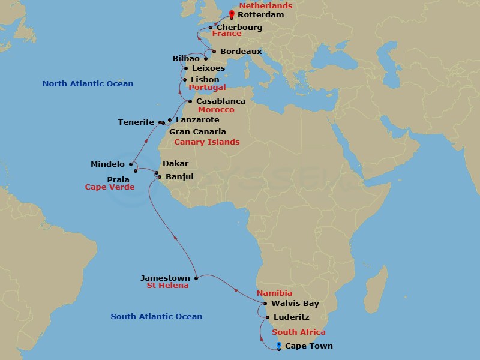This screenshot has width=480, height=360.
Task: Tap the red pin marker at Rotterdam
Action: pyautogui.click(x=232, y=14)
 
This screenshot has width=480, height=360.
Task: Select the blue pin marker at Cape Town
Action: pyautogui.click(x=279, y=345)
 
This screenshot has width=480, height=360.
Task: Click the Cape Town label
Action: pyautogui.click(x=308, y=346)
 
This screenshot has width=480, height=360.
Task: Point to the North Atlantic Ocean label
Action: pyautogui.click(x=88, y=84)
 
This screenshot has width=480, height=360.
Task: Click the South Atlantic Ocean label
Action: pyautogui.click(x=157, y=317)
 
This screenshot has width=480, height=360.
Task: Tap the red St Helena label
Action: pyautogui.click(x=167, y=286)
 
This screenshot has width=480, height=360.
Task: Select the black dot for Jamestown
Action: pyautogui.click(x=196, y=278)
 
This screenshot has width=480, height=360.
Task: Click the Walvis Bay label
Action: pyautogui.click(x=295, y=304)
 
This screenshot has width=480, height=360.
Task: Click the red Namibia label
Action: pyautogui.click(x=274, y=293)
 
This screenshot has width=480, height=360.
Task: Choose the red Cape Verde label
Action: pyautogui.click(x=110, y=187)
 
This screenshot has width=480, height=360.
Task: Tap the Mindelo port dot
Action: pyautogui.click(x=131, y=163)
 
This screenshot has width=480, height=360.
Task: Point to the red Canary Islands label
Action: pyautogui.click(x=206, y=142)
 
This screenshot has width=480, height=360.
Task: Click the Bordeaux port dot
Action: pyautogui.click(x=214, y=52)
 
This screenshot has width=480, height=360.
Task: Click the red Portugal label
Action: pyautogui.click(x=207, y=88)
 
